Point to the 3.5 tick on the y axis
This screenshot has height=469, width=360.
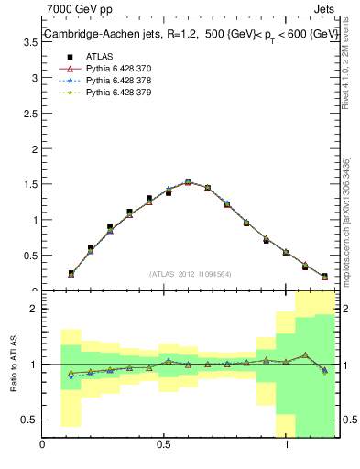[x=29, y=79]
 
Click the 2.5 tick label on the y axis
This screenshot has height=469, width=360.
[x=29, y=149]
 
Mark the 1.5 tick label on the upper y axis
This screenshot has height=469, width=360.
[x=29, y=220]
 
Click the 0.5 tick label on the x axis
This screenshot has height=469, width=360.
[x=163, y=446]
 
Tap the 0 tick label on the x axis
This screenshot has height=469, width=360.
[x=42, y=446]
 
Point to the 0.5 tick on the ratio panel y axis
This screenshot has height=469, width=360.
[x=29, y=420]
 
